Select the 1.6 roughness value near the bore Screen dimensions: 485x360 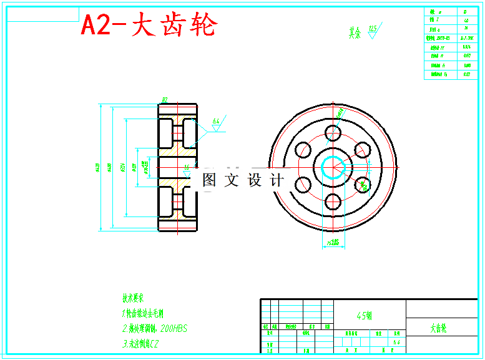(x=187, y=167)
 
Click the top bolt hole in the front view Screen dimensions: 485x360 (x=333, y=133)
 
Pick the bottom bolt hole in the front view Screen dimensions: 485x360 (x=333, y=202)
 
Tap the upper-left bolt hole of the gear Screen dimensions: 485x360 (x=303, y=150)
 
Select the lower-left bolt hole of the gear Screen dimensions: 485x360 (x=303, y=184)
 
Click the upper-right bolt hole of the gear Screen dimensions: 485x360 (x=363, y=150)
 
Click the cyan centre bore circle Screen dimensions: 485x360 (x=333, y=167)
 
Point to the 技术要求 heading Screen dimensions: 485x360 (x=133, y=298)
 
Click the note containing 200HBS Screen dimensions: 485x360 (x=154, y=328)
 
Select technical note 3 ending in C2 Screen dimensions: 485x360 (x=140, y=343)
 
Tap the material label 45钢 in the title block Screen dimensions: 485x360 (x=365, y=316)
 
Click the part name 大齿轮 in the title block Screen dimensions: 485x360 (x=438, y=328)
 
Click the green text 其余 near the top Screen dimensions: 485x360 (x=355, y=32)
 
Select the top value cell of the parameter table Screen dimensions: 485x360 (x=466, y=12)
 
